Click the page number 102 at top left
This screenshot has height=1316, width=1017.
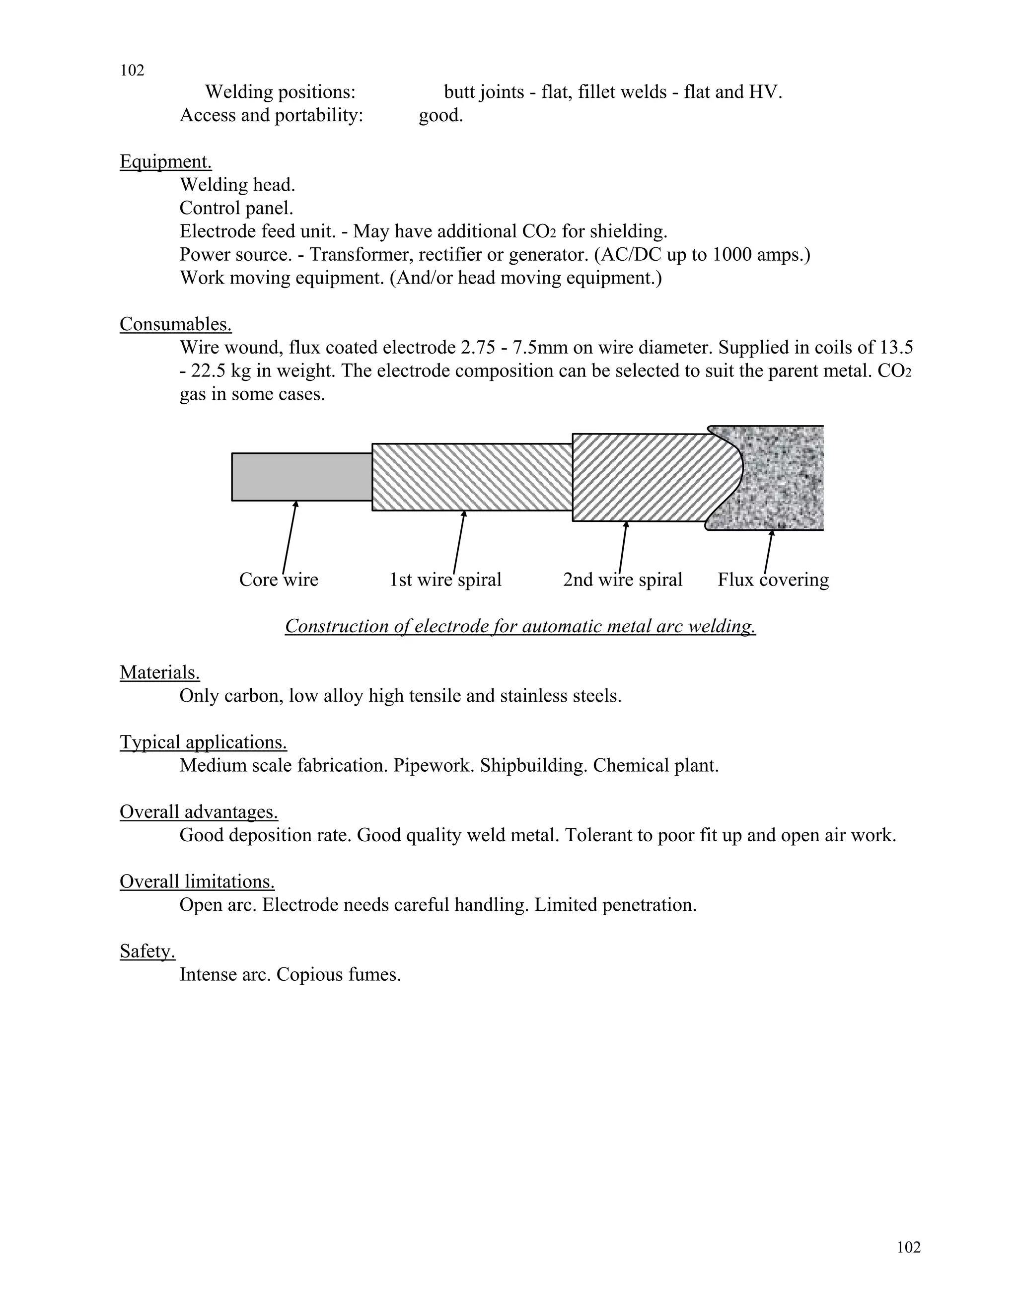[x=132, y=71]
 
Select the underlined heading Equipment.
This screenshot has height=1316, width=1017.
[x=166, y=161]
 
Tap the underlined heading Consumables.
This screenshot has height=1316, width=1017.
[x=175, y=324]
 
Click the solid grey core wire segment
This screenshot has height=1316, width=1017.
[x=301, y=477]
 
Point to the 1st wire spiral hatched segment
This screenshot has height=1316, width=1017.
[x=472, y=477]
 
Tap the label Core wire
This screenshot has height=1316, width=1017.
[x=279, y=580]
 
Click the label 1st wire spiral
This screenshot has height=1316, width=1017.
[x=445, y=580]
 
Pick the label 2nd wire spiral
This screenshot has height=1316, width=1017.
[x=622, y=580]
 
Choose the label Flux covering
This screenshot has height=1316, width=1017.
[x=773, y=580]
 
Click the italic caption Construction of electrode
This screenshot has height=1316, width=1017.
[x=520, y=626]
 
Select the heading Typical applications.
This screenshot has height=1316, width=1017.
[x=203, y=742]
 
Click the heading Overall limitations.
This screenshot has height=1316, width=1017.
[x=197, y=881]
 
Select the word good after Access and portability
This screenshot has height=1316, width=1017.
[x=440, y=115]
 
